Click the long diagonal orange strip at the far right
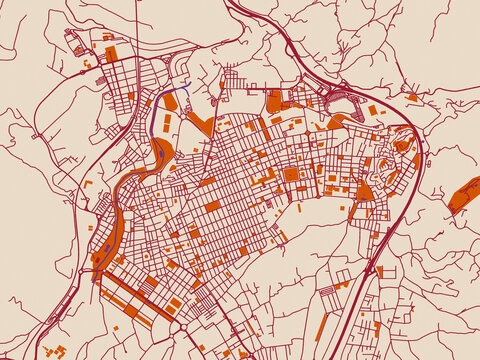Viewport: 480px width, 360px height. [x=463, y=194]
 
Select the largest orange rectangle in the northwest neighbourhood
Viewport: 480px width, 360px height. [x=110, y=52]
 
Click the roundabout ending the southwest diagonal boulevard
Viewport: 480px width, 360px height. [x=177, y=328]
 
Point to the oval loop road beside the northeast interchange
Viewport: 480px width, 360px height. [x=345, y=101]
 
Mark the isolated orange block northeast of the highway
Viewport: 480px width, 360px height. [x=412, y=97]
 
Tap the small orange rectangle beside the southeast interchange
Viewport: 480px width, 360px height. [x=380, y=271]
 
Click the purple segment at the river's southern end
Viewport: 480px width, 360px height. [x=97, y=274]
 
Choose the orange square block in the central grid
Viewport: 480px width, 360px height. [x=291, y=174]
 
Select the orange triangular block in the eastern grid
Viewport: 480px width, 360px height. [x=364, y=190]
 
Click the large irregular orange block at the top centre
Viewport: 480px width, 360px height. [x=275, y=102]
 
